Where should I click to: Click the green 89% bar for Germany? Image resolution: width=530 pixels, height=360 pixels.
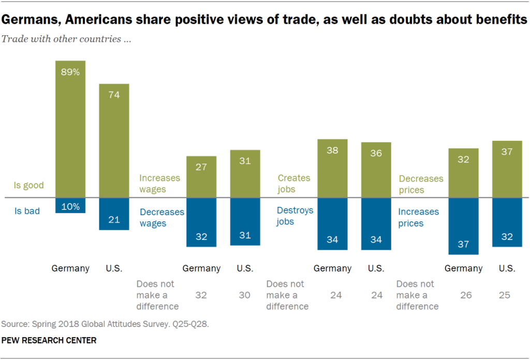coord(70,129)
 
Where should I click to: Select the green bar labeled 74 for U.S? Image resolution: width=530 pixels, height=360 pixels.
coord(114,141)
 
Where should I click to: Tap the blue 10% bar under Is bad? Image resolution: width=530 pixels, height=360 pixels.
coord(70,205)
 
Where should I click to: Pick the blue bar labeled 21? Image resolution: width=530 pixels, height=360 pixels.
coord(114,214)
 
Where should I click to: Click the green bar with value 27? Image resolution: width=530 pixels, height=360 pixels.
coord(201,177)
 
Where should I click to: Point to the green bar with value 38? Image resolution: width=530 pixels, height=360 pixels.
coord(332,169)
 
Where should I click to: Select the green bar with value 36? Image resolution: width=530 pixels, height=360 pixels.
coord(376,170)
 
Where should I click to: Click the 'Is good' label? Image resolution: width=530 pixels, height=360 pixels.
coord(29,185)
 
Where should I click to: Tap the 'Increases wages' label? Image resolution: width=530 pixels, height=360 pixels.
coord(160,183)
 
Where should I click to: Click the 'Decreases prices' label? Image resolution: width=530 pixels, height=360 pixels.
coord(421,184)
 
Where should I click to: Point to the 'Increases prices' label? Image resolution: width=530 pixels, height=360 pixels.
coord(418,217)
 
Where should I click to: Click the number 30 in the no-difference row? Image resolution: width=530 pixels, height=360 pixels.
coord(244,295)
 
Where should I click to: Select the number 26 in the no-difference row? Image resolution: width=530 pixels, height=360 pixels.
coord(463,295)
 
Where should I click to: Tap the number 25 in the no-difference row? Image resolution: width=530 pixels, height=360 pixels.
coord(505,295)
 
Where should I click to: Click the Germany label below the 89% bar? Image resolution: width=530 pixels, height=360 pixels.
coord(70,268)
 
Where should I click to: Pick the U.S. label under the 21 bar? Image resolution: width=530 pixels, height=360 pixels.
coord(114,268)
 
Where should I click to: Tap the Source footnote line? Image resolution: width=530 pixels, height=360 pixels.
coord(105,324)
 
